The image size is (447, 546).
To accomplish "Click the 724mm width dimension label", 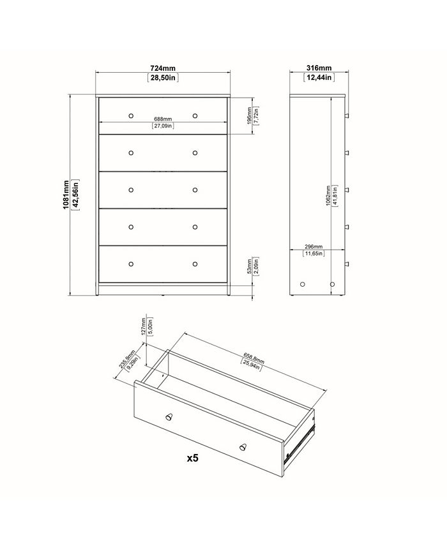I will [x=163, y=68].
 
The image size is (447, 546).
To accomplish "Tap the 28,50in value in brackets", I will [x=163, y=79].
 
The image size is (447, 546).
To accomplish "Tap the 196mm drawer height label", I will [x=250, y=116].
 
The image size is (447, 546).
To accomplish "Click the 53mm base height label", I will [x=250, y=266].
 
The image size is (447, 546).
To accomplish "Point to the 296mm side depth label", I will [x=314, y=246].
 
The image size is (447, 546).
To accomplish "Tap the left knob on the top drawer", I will [x=131, y=116].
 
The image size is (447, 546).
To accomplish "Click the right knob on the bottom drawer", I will [x=195, y=264].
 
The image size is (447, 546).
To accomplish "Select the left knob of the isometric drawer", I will [x=169, y=416].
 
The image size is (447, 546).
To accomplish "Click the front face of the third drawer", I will [x=163, y=190].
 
